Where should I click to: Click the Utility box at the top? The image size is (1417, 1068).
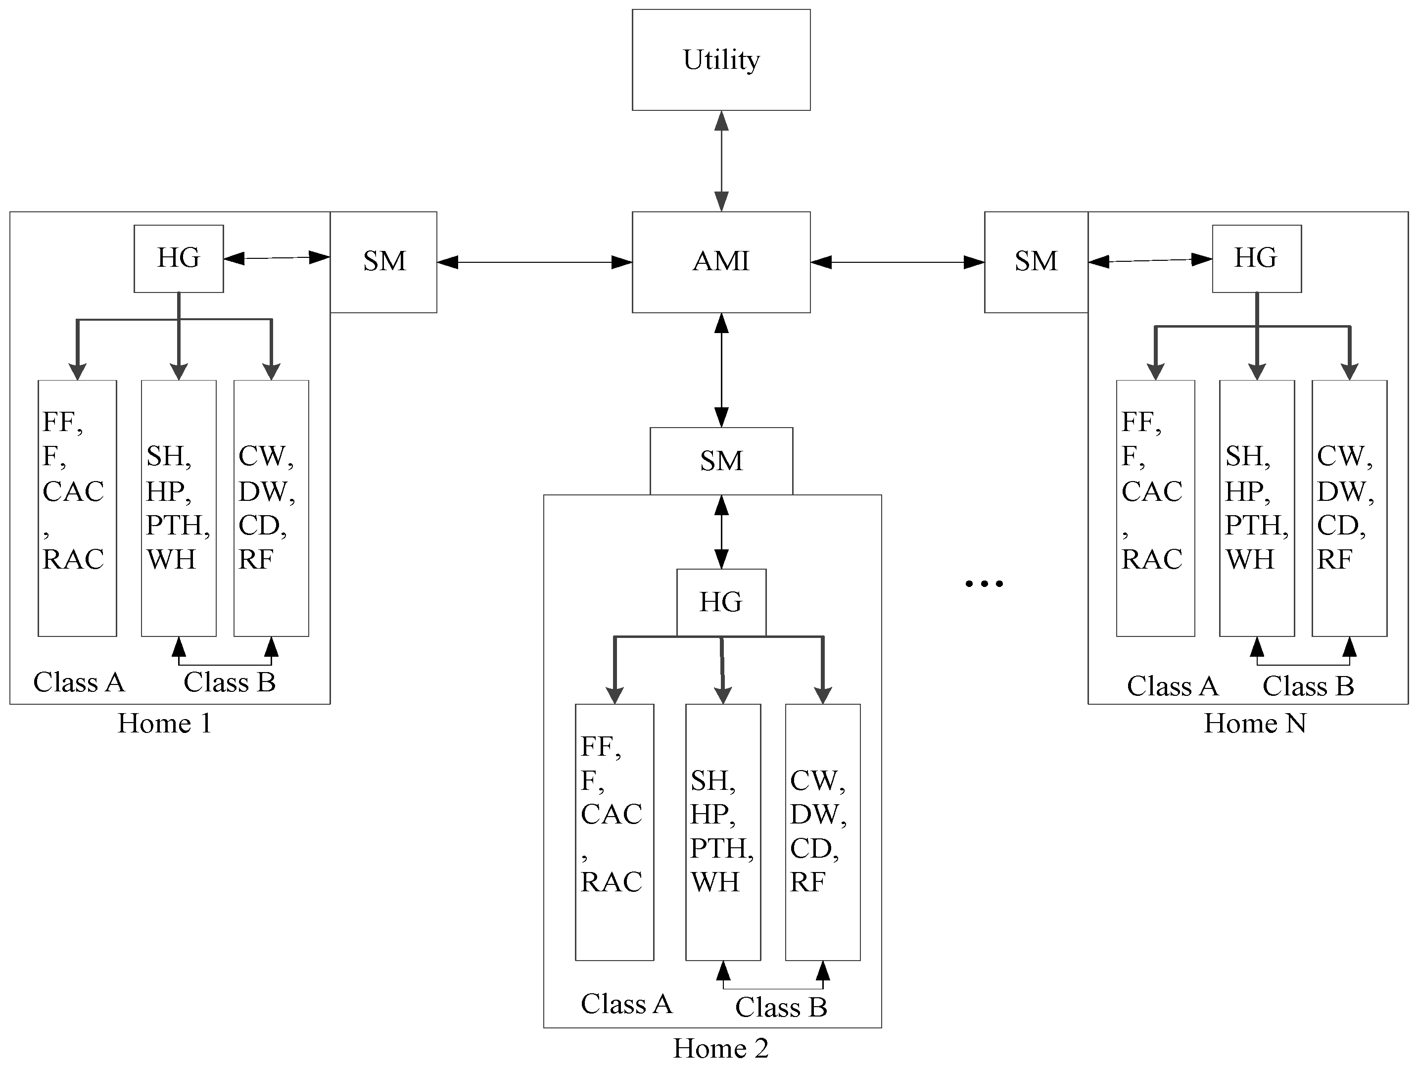click(x=721, y=59)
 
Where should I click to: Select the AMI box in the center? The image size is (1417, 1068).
click(x=721, y=261)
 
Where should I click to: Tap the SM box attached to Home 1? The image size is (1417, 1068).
click(x=384, y=261)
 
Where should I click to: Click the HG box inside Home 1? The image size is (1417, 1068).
click(x=178, y=258)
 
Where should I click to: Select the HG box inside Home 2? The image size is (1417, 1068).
click(x=721, y=602)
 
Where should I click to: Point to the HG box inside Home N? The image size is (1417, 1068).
click(x=1256, y=258)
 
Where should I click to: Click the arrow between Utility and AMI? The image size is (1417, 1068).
click(x=721, y=161)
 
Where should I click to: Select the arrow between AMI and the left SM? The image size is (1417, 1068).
click(x=534, y=262)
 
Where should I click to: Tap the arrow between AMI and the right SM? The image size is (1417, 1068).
click(x=897, y=262)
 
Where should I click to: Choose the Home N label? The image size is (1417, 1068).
click(x=1254, y=724)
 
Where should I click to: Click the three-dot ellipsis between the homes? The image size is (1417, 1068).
click(x=984, y=583)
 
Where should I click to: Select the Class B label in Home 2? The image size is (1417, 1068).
click(x=781, y=1008)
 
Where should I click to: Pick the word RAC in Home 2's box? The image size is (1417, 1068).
click(x=611, y=883)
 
